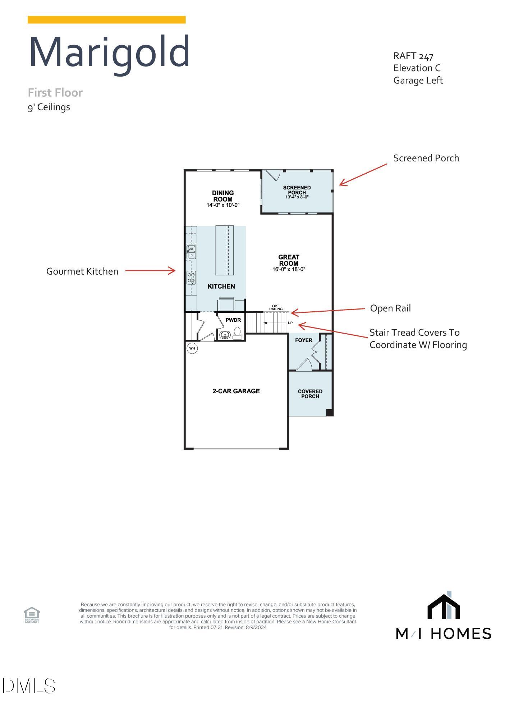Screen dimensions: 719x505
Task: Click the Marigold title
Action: coord(109,52)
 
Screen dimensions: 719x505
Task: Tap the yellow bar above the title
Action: coord(106,20)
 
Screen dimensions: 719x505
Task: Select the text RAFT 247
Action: coord(413,56)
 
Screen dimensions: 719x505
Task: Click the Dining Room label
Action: coord(222,196)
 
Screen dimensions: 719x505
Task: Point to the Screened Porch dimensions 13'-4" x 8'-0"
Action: coord(297,197)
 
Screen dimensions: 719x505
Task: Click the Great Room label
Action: coord(289,260)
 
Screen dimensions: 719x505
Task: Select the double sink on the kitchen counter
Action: coord(191,252)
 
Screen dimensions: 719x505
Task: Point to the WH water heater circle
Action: coord(192,348)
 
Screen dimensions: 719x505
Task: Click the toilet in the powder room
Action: coord(237,333)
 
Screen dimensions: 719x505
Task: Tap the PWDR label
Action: coord(233,320)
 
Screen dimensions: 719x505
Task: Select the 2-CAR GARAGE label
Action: coord(236,391)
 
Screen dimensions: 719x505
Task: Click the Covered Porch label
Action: coord(310,394)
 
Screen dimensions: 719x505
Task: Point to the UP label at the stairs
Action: coord(290,323)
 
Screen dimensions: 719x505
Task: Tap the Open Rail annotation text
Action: coord(390,308)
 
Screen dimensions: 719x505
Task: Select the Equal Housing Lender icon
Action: coord(32,614)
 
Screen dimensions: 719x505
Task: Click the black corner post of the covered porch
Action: coord(329,412)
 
